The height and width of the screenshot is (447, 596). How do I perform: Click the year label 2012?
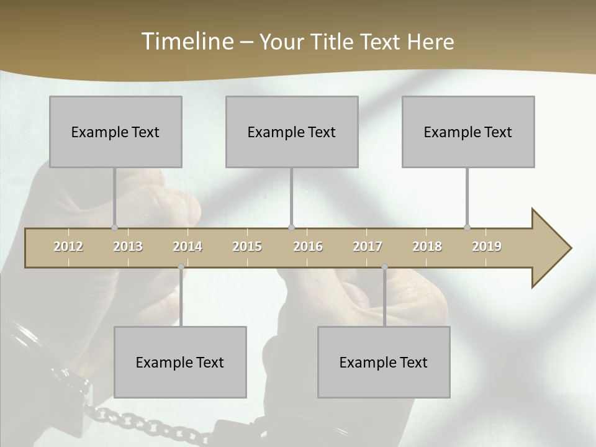68,246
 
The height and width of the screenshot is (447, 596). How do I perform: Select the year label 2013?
128,246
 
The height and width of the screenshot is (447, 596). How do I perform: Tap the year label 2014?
187,246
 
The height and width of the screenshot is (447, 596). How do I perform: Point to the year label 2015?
247,246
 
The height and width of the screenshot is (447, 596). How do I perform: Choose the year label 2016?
308,246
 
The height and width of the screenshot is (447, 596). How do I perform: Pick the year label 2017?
368,246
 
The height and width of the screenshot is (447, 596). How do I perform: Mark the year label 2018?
427,246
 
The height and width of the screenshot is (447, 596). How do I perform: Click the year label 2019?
487,246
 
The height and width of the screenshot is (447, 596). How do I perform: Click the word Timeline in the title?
187,41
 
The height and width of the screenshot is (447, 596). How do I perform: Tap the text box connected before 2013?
115,132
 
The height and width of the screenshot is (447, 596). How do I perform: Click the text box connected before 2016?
292,132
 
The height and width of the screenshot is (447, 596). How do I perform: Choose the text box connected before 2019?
468,132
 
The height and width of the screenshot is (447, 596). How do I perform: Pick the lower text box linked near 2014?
180,362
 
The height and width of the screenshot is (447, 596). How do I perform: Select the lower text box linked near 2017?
384,362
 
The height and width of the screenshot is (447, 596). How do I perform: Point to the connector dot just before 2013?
114,227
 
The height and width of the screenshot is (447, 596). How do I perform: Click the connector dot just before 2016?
292,227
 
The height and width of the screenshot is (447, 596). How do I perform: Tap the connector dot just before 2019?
467,227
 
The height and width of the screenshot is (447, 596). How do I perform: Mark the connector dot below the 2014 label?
181,267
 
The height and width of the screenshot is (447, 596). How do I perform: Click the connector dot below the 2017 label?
384,267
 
